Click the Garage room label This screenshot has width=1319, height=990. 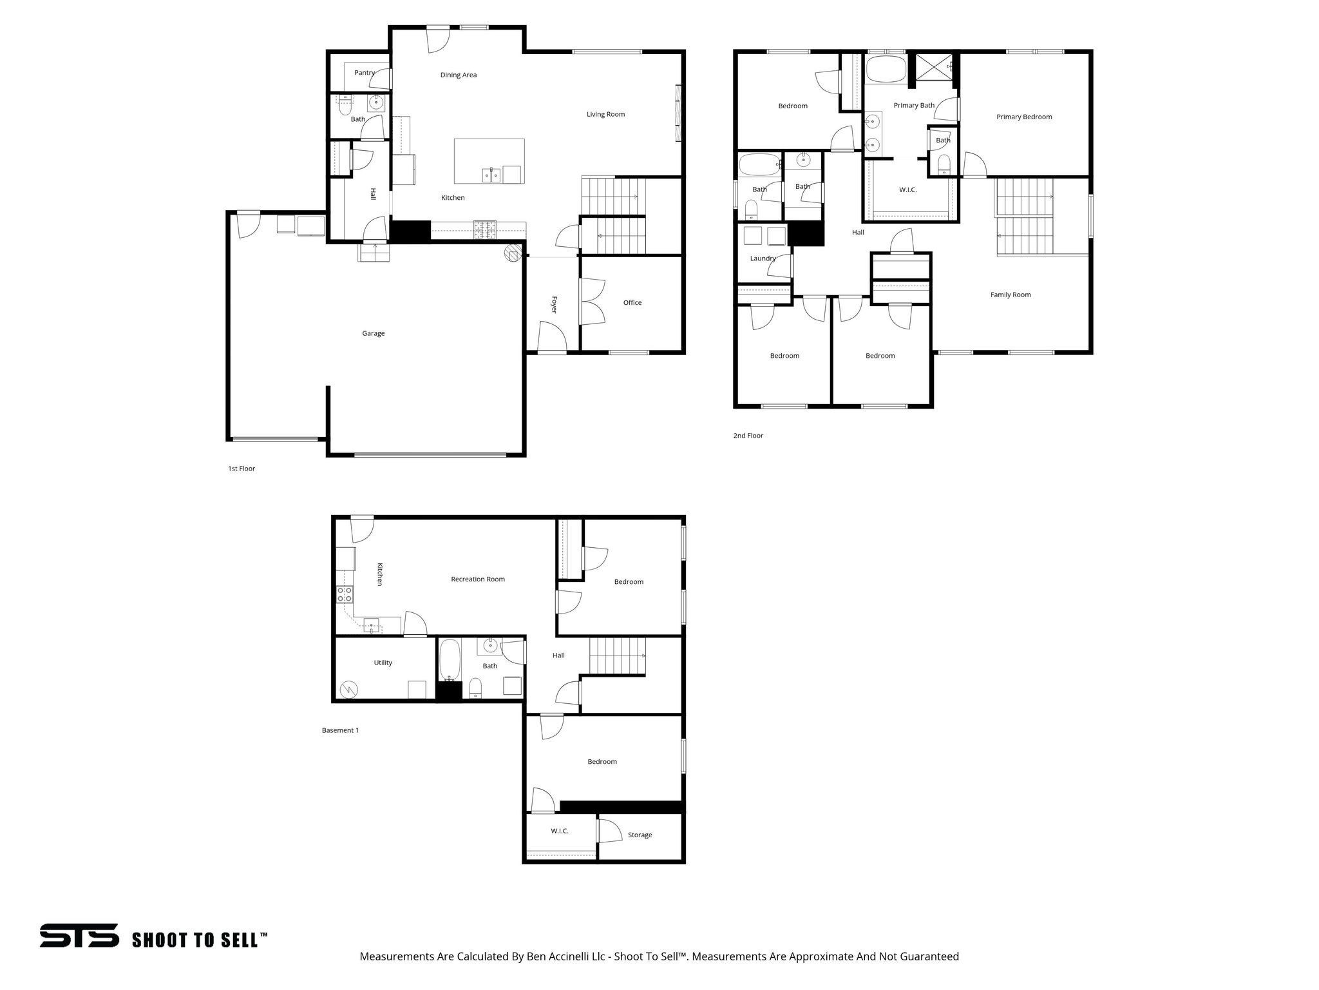[373, 333]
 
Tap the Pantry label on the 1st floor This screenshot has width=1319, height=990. [364, 73]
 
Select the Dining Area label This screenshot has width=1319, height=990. [458, 75]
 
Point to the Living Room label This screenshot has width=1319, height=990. [605, 114]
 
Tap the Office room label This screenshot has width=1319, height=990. [632, 302]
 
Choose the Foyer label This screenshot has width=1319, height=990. [553, 304]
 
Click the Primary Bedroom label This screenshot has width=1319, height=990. [1023, 117]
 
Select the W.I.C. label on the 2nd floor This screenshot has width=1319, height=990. [907, 190]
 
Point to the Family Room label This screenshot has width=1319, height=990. [1010, 295]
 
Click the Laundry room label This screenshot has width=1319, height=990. [763, 258]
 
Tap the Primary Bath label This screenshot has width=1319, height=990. [913, 105]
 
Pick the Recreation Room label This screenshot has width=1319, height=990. [477, 579]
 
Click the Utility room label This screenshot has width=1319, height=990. [383, 663]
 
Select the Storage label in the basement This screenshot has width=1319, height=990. [639, 835]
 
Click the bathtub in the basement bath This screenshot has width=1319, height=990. [450, 661]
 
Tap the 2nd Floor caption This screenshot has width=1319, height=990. [748, 436]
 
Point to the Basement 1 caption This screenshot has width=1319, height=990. [340, 730]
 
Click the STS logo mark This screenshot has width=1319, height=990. [79, 936]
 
